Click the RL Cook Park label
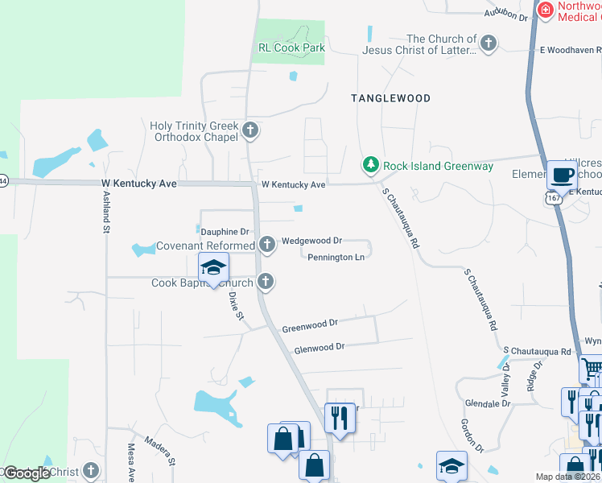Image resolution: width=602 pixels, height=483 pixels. pos(291,47)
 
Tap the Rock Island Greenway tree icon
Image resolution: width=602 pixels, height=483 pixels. pos(370,165)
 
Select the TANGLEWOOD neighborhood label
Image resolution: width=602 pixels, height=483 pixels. pos(390,98)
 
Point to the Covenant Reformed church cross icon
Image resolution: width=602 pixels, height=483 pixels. pos(267,244)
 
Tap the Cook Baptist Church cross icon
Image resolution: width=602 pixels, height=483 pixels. pos(266,282)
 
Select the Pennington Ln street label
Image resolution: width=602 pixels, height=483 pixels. pos(336,258)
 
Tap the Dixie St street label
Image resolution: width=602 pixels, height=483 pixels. pos(235,306)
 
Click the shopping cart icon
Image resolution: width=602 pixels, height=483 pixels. pos(592,369)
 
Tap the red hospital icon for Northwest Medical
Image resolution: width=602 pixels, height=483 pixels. pos(546,10)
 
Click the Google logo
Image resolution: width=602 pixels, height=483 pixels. pos(26,473)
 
